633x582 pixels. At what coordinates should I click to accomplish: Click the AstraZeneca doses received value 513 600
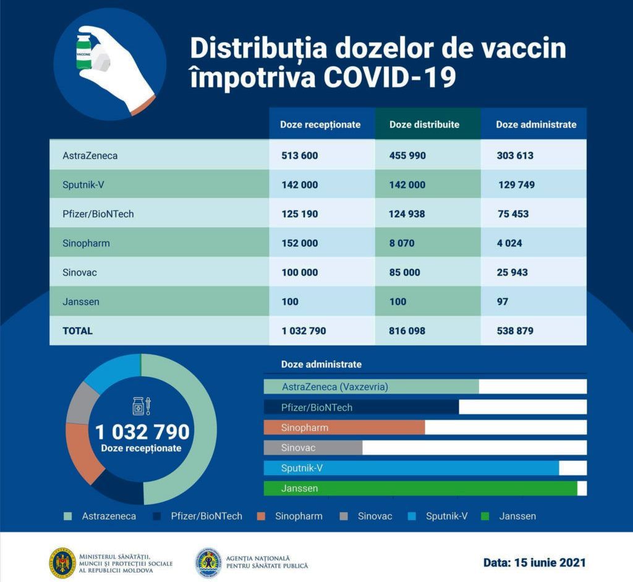tap(300, 156)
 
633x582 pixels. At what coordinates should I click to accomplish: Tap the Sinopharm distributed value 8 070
tap(402, 243)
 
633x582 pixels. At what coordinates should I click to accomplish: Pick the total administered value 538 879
tap(515, 331)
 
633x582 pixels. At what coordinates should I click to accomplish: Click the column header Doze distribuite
tap(424, 124)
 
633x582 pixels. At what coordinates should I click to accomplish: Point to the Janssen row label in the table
tap(81, 302)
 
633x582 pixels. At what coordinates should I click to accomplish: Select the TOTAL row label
tap(77, 331)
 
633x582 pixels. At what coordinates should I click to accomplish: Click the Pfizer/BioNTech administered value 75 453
tap(513, 214)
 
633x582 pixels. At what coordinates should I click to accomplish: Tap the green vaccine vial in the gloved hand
tap(84, 52)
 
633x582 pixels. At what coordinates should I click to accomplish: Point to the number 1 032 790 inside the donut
tap(142, 432)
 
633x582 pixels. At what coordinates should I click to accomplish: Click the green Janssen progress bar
tap(420, 488)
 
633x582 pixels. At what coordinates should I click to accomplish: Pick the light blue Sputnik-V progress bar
tap(411, 468)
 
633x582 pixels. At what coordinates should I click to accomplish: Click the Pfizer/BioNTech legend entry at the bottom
tap(197, 516)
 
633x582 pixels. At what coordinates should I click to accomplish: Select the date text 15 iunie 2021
tap(550, 563)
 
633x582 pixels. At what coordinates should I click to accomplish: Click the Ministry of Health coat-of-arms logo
tap(62, 563)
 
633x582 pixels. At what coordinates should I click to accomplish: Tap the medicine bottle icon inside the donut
tap(138, 406)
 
